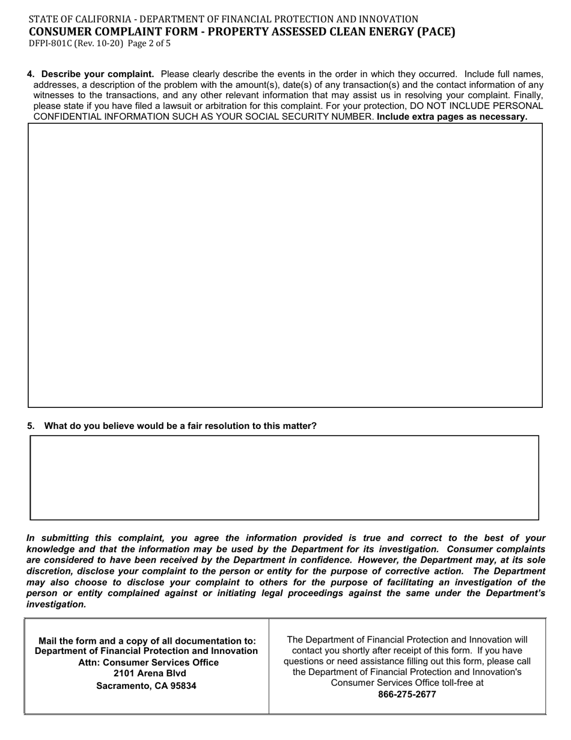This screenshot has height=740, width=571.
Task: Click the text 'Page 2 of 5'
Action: pyautogui.click(x=149, y=43)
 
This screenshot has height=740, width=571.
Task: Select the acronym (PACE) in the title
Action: pyautogui.click(x=434, y=32)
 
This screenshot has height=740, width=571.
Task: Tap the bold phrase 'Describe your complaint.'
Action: pyautogui.click(x=97, y=75)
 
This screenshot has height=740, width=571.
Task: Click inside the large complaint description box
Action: pyautogui.click(x=285, y=265)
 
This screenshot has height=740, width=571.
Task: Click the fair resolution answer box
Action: pyautogui.click(x=284, y=478)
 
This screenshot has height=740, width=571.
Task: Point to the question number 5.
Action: pyautogui.click(x=30, y=426)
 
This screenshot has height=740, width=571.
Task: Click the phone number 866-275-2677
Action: pyautogui.click(x=407, y=694)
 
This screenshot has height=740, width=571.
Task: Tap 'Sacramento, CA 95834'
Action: pyautogui.click(x=146, y=686)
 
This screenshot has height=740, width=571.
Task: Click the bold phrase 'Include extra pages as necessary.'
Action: pyautogui.click(x=452, y=117)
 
